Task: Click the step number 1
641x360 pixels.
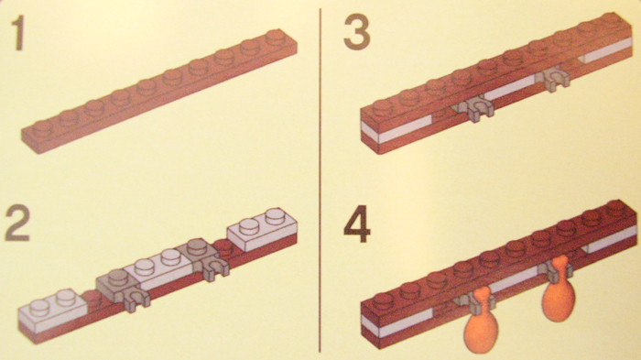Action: pyautogui.click(x=19, y=34)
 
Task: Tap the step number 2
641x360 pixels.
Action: pyautogui.click(x=17, y=223)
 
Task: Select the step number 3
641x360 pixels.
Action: pyautogui.click(x=356, y=32)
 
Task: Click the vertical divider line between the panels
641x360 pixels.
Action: pyautogui.click(x=320, y=180)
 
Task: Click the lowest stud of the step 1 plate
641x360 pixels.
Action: pyautogui.click(x=42, y=127)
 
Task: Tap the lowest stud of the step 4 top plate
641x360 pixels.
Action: pyautogui.click(x=384, y=300)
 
